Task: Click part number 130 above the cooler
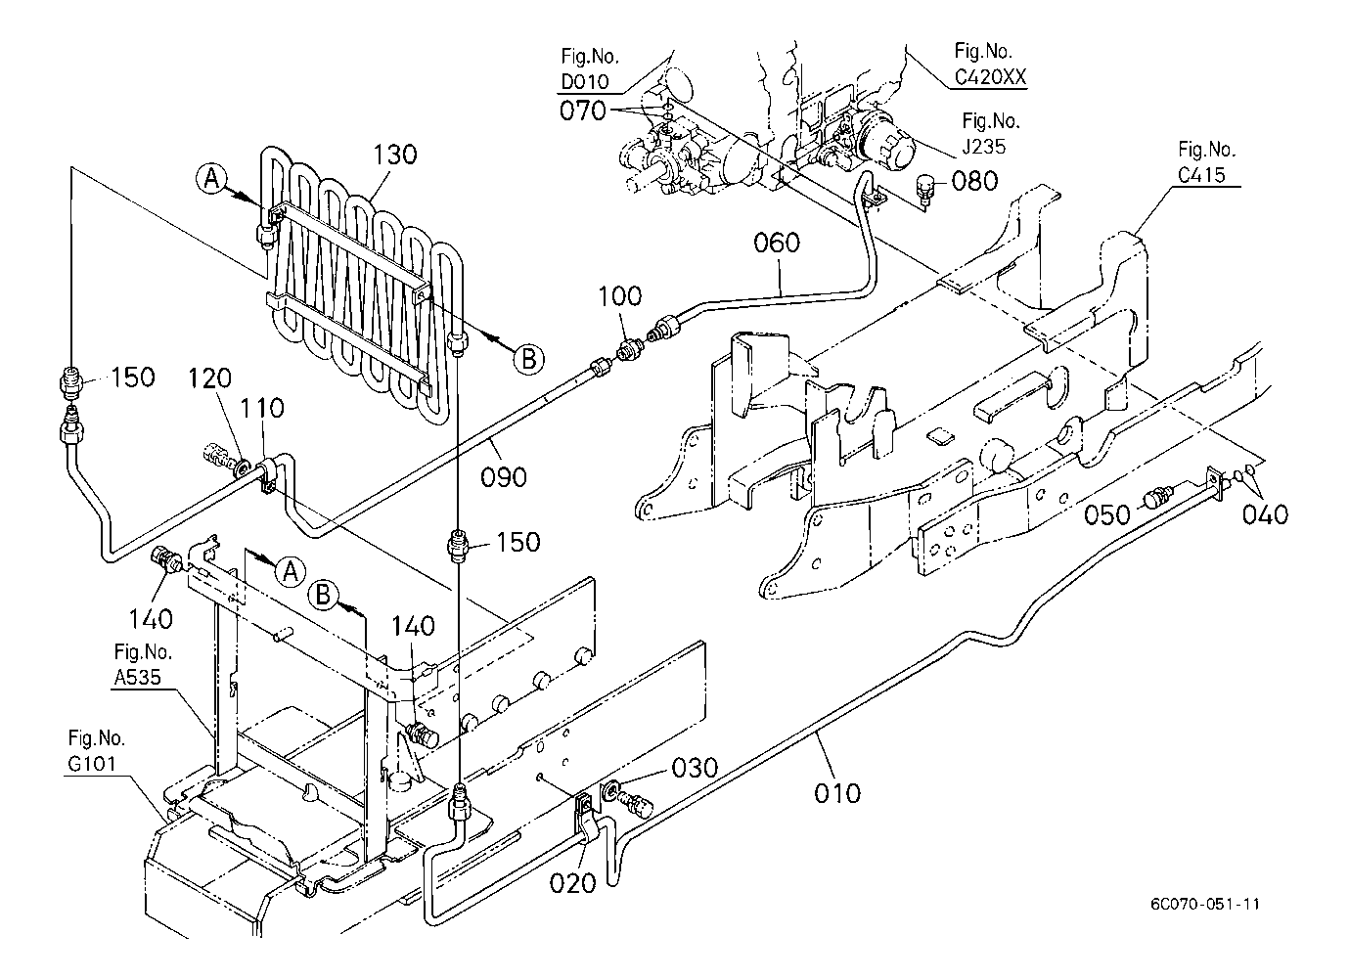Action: pos(394,154)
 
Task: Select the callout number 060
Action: pos(777,242)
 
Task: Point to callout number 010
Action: pos(837,791)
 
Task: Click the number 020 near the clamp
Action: pos(572,882)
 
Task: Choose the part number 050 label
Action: pos(1108,512)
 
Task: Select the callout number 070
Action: pos(583,111)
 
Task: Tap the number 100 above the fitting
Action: pos(620,296)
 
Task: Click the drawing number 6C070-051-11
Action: pos(1205,903)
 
